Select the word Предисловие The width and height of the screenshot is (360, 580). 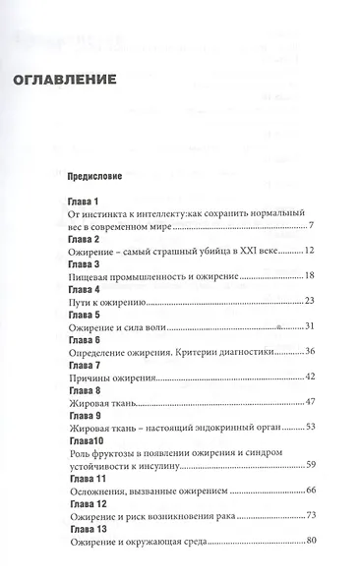pos(93,180)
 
